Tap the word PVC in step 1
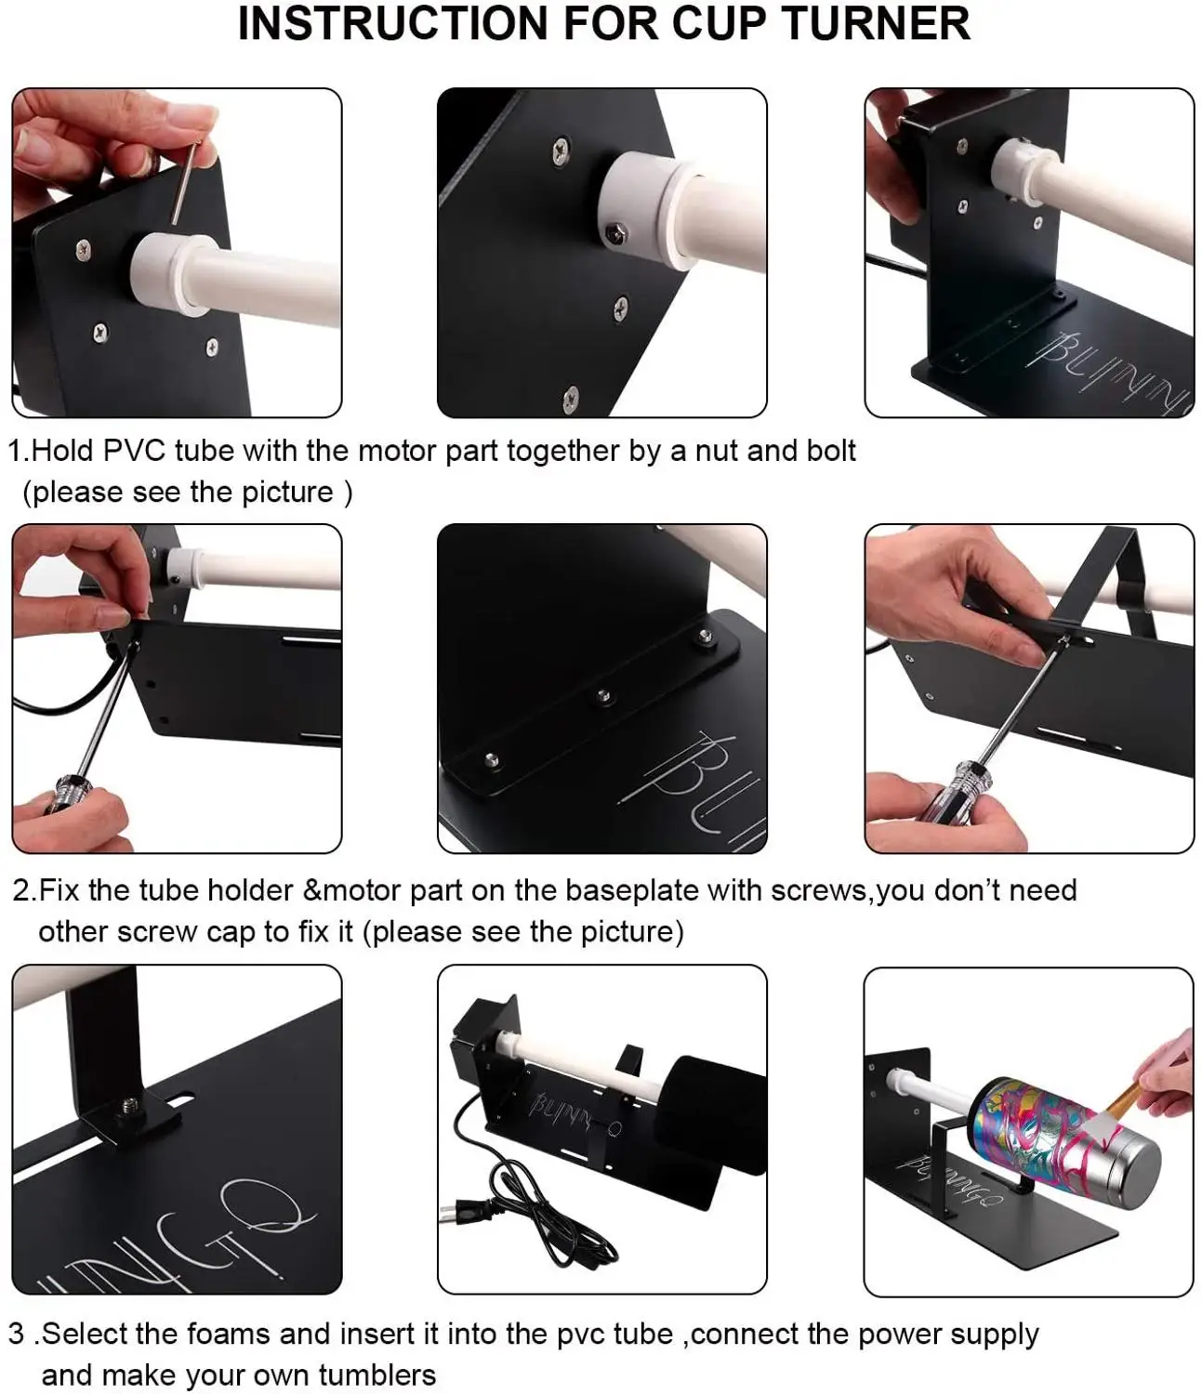(134, 451)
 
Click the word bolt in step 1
(827, 451)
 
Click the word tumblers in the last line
(377, 1374)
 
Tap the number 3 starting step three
(16, 1335)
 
